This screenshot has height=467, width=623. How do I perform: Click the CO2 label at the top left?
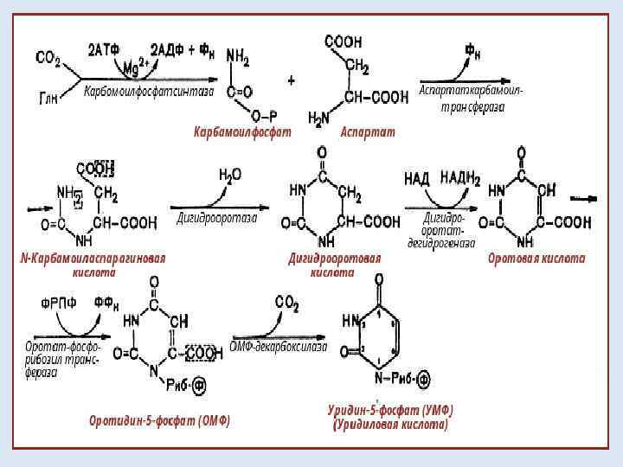[x=48, y=58]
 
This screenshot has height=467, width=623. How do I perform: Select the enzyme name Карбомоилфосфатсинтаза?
[x=148, y=92]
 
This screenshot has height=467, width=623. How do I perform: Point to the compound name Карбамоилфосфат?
[x=242, y=131]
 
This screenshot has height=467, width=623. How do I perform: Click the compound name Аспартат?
[x=367, y=131]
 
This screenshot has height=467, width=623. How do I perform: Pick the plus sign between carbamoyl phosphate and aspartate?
[x=291, y=80]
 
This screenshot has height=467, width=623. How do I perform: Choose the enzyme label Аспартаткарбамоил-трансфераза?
[x=472, y=98]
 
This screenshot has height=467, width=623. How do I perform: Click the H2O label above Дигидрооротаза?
[x=230, y=175]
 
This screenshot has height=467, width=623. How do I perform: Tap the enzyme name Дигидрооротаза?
[x=217, y=218]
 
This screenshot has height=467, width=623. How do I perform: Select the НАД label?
[x=417, y=178]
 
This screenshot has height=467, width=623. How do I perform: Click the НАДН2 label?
[x=459, y=178]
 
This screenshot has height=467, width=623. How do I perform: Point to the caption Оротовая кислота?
[x=536, y=258]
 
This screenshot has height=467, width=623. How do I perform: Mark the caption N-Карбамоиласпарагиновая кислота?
[x=93, y=265]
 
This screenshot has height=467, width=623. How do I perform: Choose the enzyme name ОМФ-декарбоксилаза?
[x=279, y=347]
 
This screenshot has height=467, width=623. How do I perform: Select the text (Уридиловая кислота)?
[x=390, y=425]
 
